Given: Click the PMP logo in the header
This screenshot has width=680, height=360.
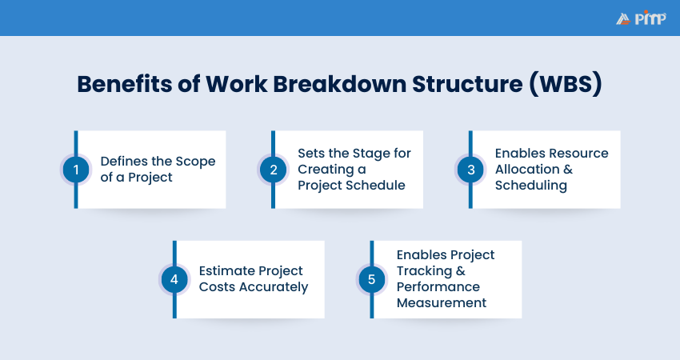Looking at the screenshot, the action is (x=641, y=18).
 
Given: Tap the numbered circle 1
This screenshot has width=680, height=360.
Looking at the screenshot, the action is (x=76, y=170).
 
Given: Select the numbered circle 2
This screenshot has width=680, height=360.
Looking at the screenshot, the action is (x=274, y=170).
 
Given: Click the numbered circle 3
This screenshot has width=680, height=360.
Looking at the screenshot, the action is (x=471, y=170).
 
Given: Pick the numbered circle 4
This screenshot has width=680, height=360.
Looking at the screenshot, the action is (x=174, y=279).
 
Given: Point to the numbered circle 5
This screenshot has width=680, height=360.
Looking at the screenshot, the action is (x=372, y=279).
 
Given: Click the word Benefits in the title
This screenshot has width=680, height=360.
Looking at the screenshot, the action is (x=125, y=84).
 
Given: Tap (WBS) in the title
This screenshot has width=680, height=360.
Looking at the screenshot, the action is (x=566, y=84).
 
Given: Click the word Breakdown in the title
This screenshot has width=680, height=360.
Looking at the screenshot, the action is (x=339, y=84).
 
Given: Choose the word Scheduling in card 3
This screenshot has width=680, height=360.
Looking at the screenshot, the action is (x=531, y=186).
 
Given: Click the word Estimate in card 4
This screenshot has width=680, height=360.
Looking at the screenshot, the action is (x=223, y=270).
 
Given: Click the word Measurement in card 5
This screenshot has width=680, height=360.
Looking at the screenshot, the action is (x=442, y=302).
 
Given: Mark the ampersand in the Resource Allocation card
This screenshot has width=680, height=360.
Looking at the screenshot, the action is (x=568, y=169).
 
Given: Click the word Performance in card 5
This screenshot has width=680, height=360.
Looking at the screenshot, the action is (x=438, y=286).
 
